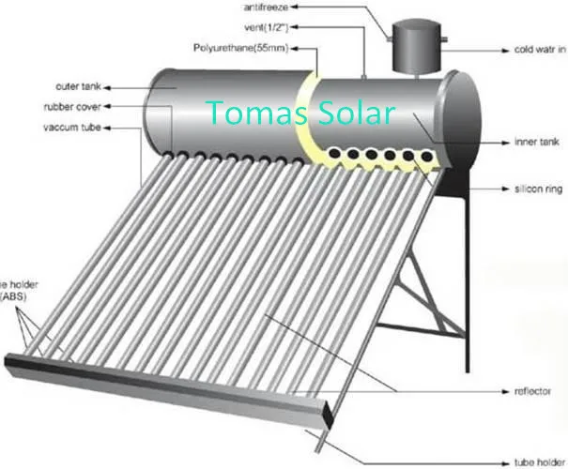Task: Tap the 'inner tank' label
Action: click(537, 144)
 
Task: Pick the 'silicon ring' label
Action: click(537, 189)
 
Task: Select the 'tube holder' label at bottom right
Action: click(534, 461)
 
